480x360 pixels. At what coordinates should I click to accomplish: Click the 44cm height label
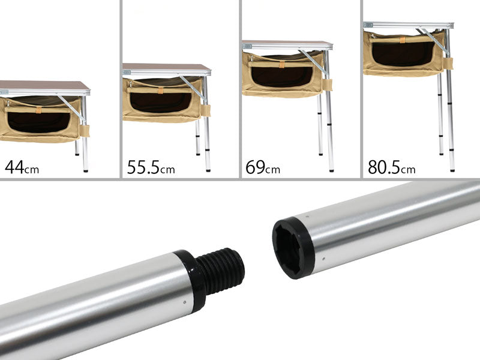click(x=22, y=167)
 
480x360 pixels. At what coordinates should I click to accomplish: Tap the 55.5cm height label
click(x=151, y=167)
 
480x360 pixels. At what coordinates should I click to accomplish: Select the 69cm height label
click(x=263, y=167)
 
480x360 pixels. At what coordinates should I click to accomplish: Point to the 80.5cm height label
click(x=392, y=167)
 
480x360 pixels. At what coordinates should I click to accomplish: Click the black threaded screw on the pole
click(x=220, y=270)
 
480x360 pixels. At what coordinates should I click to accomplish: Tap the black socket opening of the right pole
click(x=288, y=247)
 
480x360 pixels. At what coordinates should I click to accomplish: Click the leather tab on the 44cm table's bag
click(x=38, y=110)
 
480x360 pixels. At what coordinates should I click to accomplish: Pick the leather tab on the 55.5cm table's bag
click(x=160, y=90)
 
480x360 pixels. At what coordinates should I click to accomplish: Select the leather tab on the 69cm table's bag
click(x=281, y=64)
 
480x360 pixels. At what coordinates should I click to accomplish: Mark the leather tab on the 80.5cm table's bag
click(x=402, y=40)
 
